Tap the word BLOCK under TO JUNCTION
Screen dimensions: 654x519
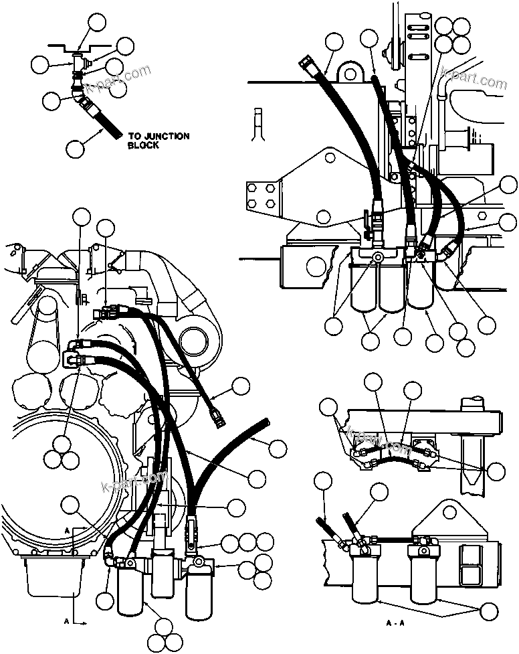(x=143, y=145)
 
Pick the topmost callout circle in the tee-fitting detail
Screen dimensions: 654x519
(x=97, y=24)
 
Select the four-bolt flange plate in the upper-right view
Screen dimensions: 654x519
(x=262, y=193)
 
